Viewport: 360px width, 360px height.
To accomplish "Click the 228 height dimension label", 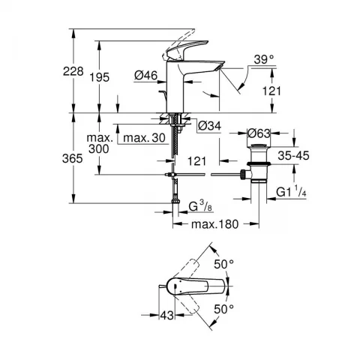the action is (73, 71).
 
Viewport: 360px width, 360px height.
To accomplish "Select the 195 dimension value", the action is (100, 77).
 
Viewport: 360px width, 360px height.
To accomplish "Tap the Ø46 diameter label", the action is (146, 75).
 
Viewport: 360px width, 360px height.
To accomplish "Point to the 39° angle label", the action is (264, 59).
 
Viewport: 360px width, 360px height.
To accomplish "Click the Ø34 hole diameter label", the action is (210, 126).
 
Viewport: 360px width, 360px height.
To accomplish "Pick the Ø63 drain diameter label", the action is (259, 133).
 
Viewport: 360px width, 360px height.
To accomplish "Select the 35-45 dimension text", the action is (293, 155).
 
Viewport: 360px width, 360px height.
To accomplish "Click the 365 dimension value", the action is (73, 158).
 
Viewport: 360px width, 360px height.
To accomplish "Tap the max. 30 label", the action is (144, 138).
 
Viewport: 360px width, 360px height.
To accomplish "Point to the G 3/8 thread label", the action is (201, 206).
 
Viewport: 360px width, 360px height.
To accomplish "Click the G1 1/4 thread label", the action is (291, 192).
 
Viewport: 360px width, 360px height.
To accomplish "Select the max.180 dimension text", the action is (215, 224).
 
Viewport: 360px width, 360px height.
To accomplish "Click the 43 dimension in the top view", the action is (167, 315).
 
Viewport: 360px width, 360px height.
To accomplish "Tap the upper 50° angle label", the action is (223, 264).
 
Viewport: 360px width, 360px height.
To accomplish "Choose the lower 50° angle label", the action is (223, 309).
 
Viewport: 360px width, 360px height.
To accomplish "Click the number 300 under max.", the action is (99, 149).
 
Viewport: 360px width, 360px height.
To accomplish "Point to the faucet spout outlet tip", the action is (220, 67).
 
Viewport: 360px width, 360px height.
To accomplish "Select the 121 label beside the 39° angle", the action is (271, 91).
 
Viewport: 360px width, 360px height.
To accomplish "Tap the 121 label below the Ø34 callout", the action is (197, 161).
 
